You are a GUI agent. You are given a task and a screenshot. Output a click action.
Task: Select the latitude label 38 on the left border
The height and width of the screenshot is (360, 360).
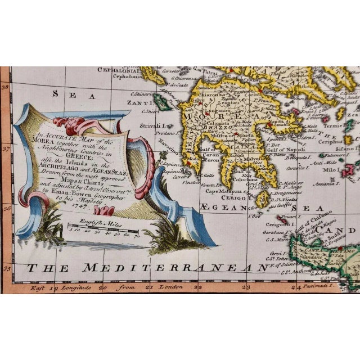pos(6,87)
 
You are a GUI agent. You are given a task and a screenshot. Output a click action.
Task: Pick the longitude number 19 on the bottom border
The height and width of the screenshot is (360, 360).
pos(53,271)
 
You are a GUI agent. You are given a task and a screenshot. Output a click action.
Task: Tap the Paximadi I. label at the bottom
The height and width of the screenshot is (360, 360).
pos(333,271)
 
